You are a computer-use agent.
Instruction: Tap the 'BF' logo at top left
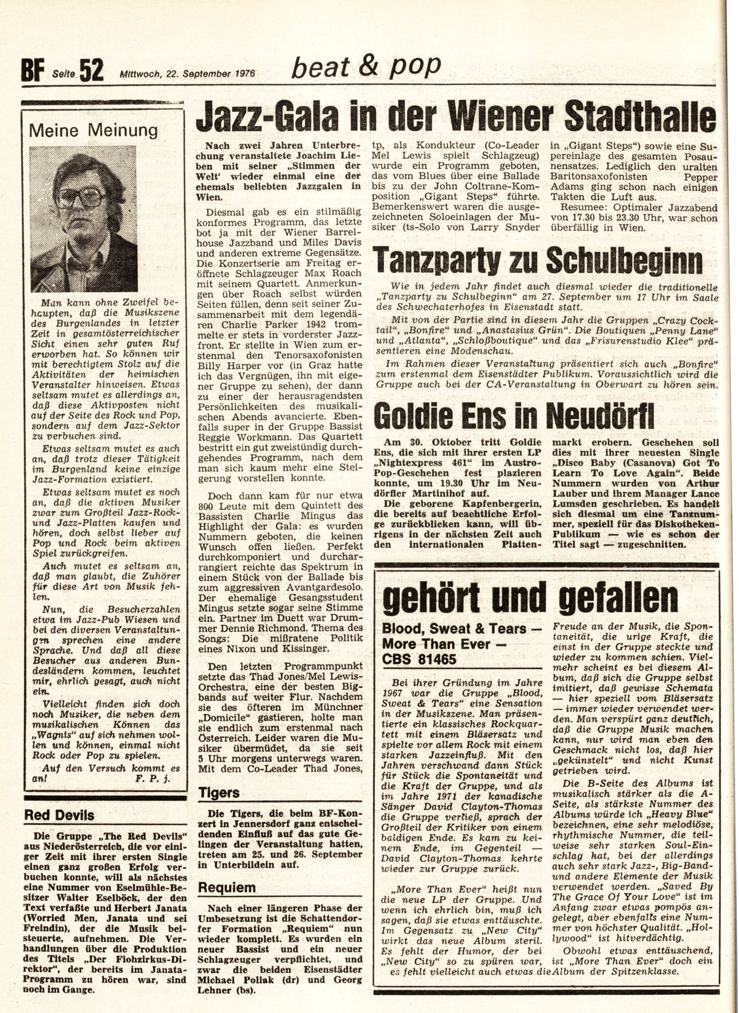(33, 73)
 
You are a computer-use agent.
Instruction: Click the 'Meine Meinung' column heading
(93, 131)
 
